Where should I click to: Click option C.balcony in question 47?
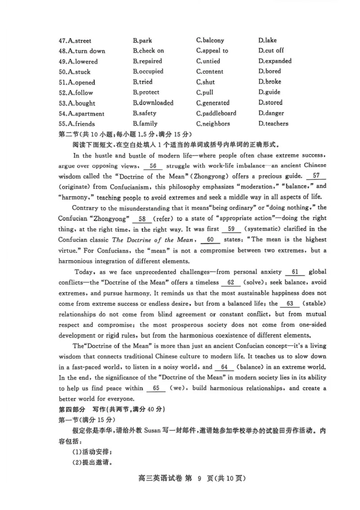(x=210, y=41)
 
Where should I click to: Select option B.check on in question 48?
(x=148, y=51)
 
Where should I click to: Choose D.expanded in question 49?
(x=275, y=61)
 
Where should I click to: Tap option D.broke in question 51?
(x=270, y=82)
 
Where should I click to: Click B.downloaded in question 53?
(x=153, y=103)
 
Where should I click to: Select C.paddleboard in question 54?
(x=216, y=113)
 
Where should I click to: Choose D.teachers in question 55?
(x=273, y=124)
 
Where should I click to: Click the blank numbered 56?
(x=153, y=166)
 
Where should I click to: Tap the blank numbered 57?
(x=315, y=176)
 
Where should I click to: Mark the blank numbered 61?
(x=295, y=272)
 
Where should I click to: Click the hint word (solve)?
(x=255, y=283)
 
